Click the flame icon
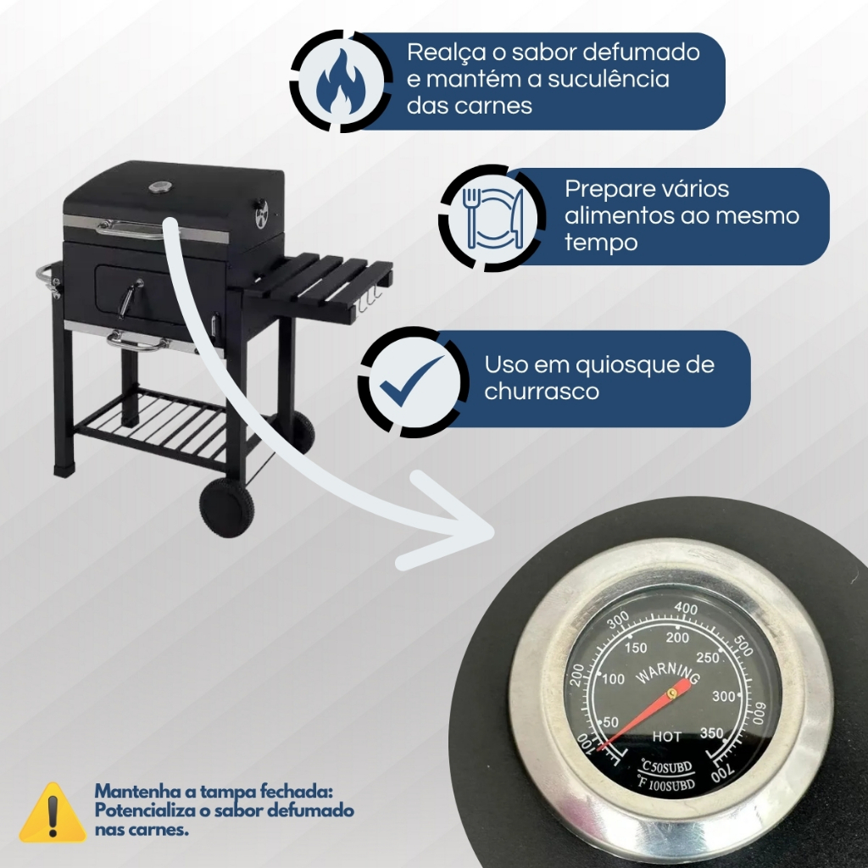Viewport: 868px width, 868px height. [341, 81]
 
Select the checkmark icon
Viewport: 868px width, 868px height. [411, 381]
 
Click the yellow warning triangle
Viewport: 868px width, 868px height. [53, 812]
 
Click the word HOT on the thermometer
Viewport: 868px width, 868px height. [666, 737]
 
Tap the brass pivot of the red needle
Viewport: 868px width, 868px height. [672, 693]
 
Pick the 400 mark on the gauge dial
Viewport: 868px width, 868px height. [686, 609]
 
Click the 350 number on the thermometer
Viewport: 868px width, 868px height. [711, 733]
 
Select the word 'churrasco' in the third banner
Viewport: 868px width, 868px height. [542, 392]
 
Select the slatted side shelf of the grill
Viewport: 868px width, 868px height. [321, 281]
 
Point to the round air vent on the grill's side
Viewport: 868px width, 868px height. [261, 214]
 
